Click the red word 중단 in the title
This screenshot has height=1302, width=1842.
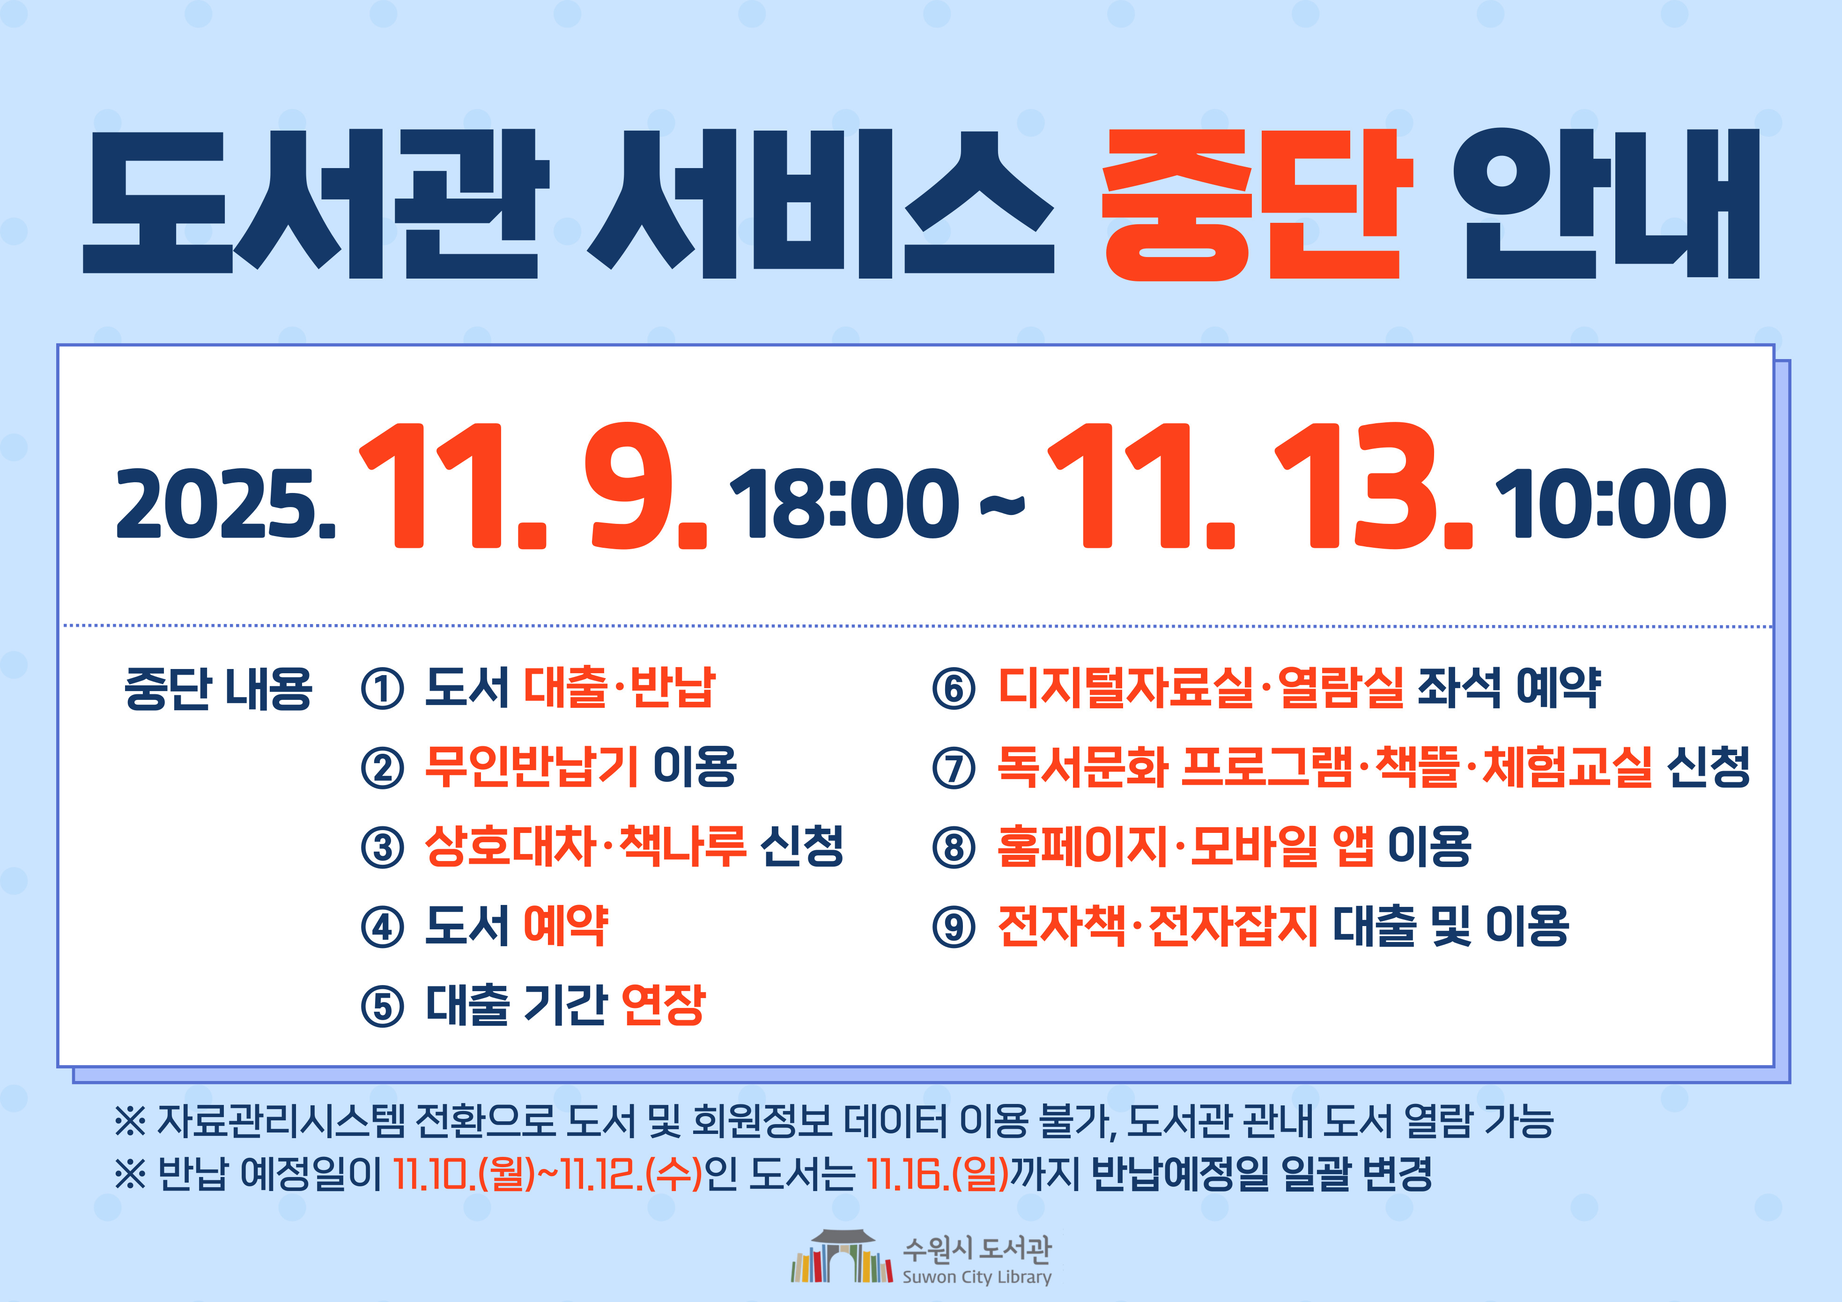[1256, 205]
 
